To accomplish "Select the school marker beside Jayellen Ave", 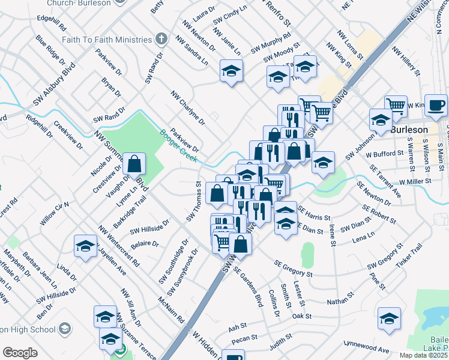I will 86,246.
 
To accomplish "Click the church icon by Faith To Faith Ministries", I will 160,40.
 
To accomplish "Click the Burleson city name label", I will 409,130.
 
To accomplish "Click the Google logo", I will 20,353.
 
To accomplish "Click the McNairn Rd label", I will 171,310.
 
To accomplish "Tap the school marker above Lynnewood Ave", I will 389,319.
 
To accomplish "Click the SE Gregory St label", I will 294,268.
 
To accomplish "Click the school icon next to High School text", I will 64,329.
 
